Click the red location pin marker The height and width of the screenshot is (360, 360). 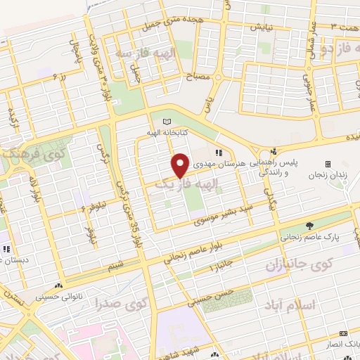(x=180, y=165)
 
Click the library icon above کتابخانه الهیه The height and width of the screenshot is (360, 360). (x=167, y=122)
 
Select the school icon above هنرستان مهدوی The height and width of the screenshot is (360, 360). (x=219, y=153)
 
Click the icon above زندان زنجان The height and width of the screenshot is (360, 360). (x=328, y=164)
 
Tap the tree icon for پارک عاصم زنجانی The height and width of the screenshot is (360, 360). (x=310, y=226)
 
